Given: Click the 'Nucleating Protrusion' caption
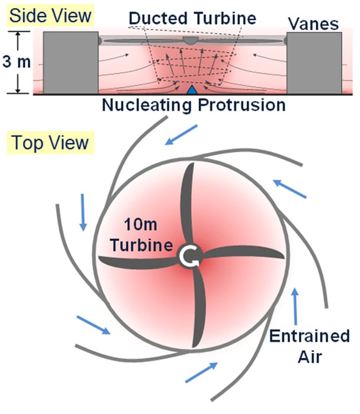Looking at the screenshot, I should coord(194,106).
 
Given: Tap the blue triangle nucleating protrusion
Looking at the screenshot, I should coord(192,90).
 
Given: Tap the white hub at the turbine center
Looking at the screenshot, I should coord(192,255).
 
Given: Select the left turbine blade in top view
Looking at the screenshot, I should coord(139,260).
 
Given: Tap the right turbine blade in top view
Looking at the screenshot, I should coord(246,253).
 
